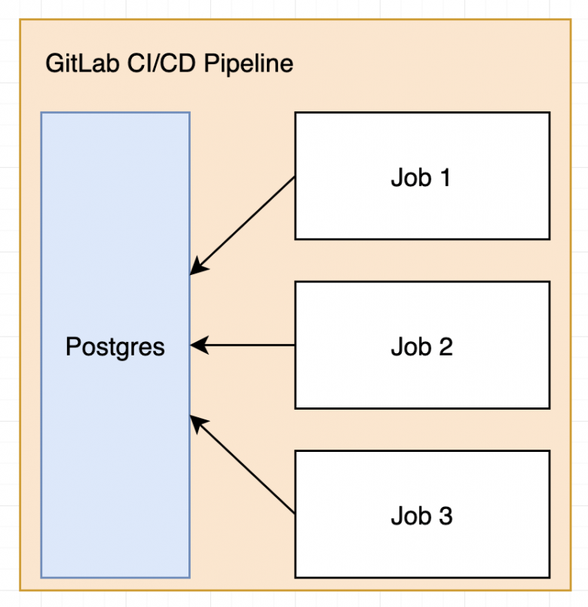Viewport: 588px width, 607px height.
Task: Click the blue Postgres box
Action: tap(115, 452)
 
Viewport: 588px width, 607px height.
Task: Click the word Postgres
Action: tap(115, 347)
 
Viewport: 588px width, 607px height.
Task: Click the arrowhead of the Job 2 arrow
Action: tap(197, 345)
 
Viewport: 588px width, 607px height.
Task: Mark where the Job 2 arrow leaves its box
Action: tap(294, 345)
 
